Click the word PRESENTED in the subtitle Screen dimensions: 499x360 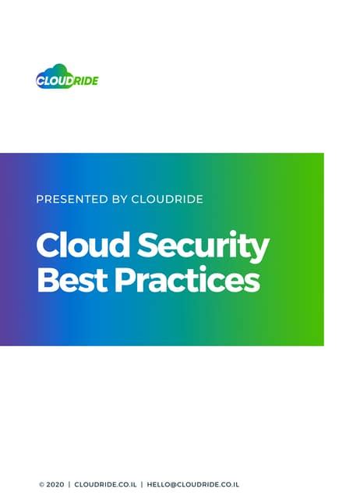72,200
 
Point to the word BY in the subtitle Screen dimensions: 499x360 119,200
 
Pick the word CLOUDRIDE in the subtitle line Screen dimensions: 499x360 168,200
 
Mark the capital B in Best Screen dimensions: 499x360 46,281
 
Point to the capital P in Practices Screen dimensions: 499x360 125,281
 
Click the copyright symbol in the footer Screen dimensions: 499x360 41,484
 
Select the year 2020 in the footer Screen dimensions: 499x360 55,484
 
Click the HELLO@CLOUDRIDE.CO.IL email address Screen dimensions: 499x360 192,484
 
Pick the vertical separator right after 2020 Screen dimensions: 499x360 69,484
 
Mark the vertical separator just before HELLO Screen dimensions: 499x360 142,484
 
